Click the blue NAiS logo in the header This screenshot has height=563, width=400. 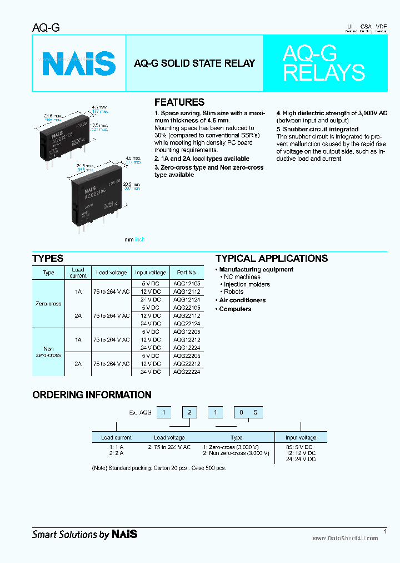[79, 63]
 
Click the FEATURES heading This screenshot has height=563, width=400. [179, 102]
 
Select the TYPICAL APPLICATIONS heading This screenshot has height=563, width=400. [271, 259]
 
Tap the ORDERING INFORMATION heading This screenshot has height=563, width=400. [92, 395]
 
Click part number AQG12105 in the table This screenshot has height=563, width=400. [187, 284]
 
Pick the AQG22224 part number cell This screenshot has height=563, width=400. [187, 372]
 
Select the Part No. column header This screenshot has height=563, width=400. [187, 273]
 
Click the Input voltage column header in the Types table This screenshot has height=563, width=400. [150, 273]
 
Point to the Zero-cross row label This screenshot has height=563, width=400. [48, 304]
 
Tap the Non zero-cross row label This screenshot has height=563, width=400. [48, 352]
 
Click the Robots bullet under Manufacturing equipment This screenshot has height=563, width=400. [233, 292]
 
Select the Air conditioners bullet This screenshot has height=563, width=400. [242, 300]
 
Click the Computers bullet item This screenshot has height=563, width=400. [235, 309]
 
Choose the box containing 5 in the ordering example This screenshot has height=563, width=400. [256, 413]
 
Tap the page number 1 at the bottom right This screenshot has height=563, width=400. [385, 531]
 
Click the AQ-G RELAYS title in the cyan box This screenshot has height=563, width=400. [323, 63]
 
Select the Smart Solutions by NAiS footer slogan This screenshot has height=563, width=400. [84, 535]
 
